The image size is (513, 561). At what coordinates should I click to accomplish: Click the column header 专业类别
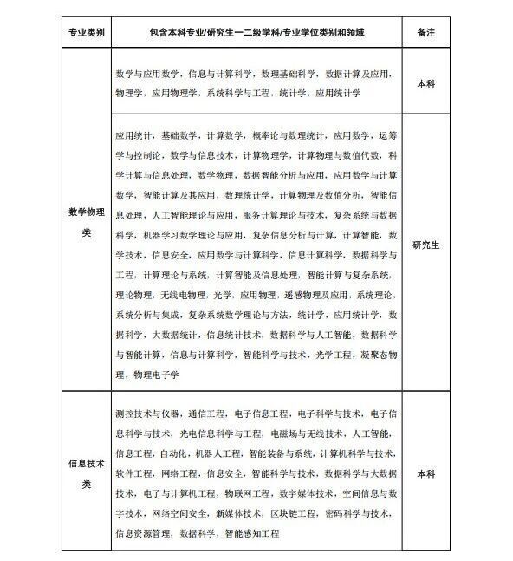point(87,34)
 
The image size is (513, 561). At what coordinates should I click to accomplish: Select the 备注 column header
point(426,34)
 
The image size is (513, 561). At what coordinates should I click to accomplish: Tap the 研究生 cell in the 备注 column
point(426,245)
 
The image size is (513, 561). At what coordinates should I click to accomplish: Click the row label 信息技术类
point(87,474)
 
